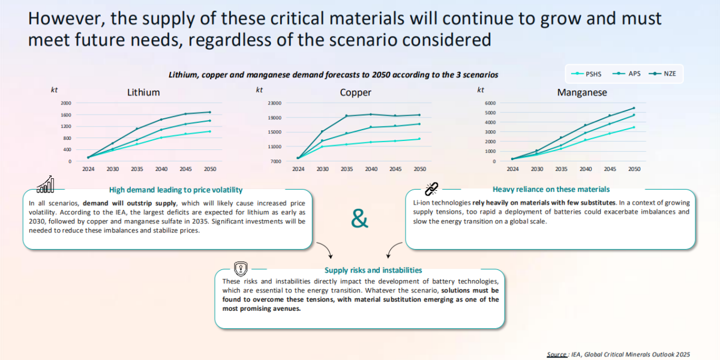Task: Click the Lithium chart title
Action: click(143, 92)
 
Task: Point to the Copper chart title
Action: click(355, 92)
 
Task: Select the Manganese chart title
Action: click(581, 92)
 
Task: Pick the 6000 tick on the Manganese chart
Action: click(490, 103)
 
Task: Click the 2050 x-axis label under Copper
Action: click(419, 169)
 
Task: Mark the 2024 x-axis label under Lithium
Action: click(88, 169)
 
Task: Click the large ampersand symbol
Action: click(359, 219)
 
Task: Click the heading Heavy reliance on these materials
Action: click(551, 189)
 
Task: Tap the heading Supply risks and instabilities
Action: click(373, 270)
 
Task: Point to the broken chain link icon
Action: click(431, 190)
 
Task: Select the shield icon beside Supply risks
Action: click(240, 268)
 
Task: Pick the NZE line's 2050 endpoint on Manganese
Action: click(633, 108)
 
